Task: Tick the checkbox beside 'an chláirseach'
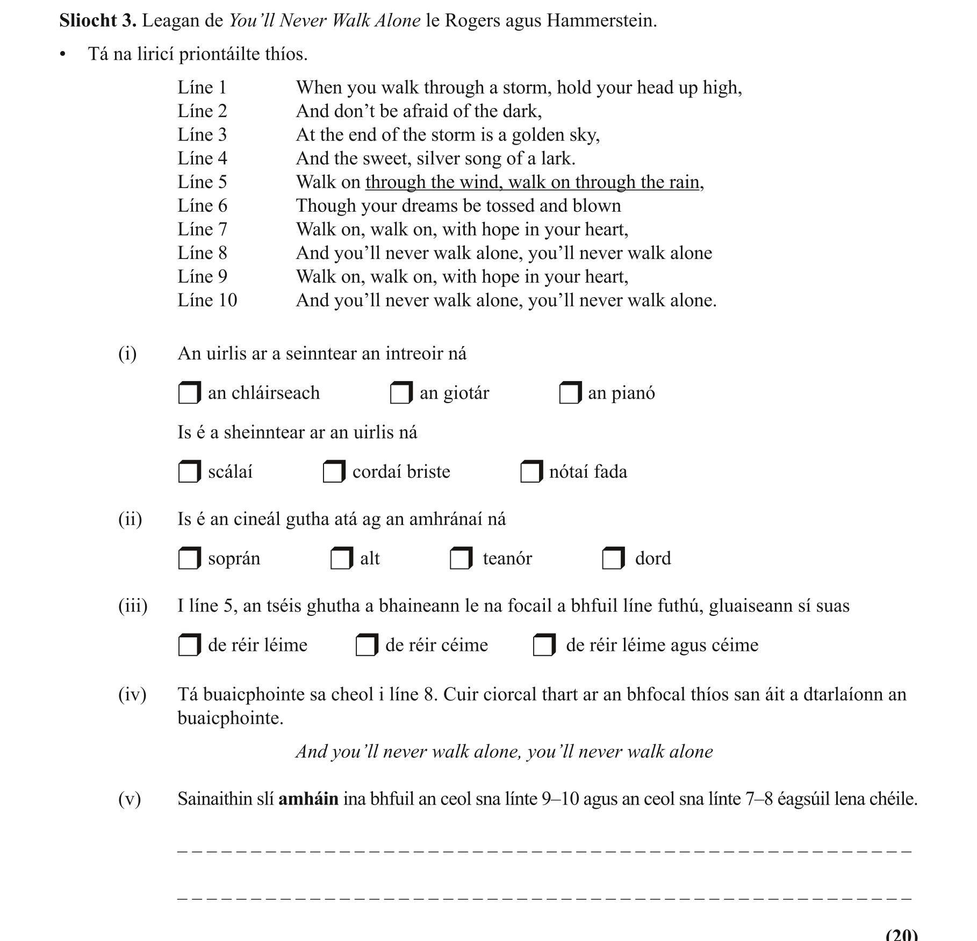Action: pos(189,393)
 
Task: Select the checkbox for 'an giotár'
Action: pos(400,393)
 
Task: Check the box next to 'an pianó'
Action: pos(570,393)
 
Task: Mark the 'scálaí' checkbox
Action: pos(189,472)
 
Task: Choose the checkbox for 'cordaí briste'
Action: pos(333,472)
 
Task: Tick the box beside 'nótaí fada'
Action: pos(530,472)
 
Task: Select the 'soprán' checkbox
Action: pos(189,558)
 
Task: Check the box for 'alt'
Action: pos(341,558)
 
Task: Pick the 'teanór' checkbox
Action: pos(461,558)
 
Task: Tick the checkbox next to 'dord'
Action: pos(613,558)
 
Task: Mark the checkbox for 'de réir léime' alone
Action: pos(189,645)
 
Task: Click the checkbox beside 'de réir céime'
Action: pos(366,645)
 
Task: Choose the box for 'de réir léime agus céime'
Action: pos(543,645)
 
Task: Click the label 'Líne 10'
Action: pos(207,300)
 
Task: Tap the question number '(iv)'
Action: pos(132,694)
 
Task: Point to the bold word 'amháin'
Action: pos(308,799)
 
